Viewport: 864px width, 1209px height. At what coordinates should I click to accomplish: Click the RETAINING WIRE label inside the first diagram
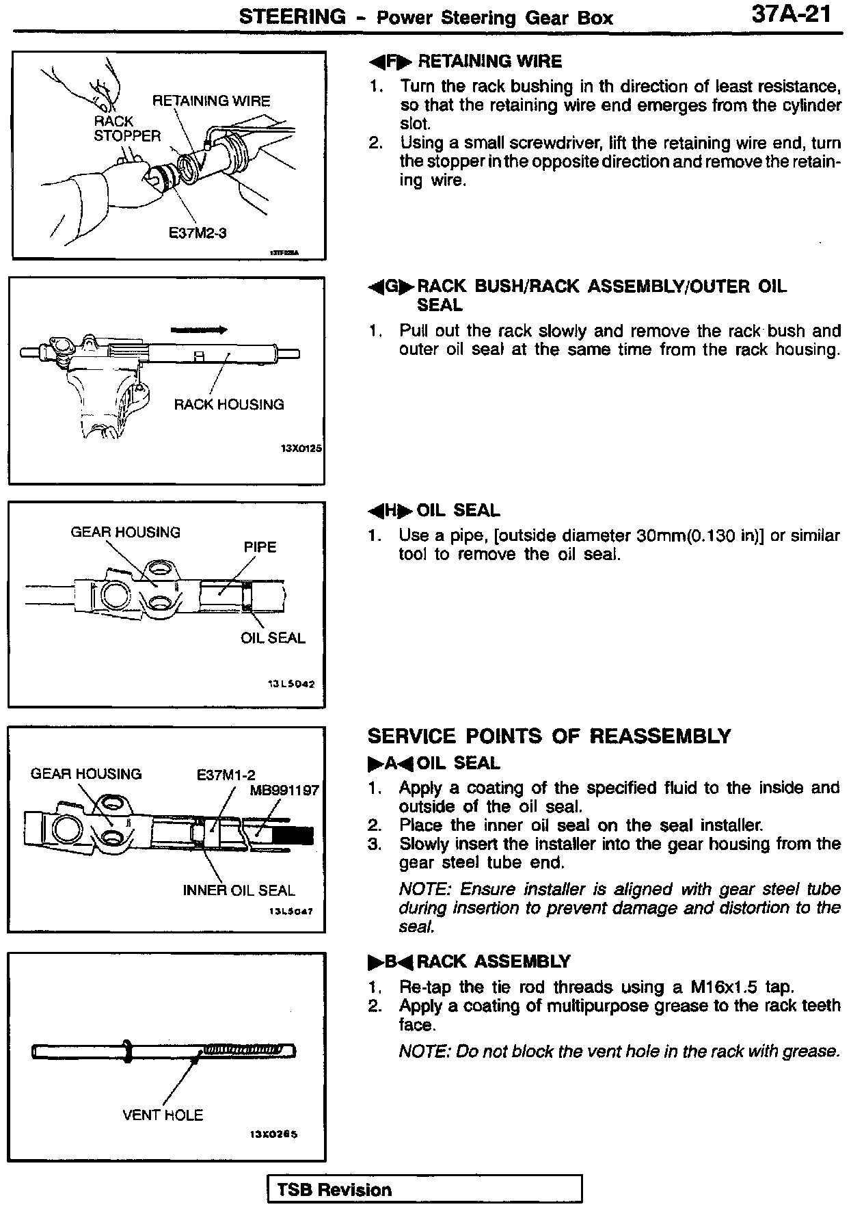tap(211, 101)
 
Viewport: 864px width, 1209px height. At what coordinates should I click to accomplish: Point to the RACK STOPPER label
tap(126, 129)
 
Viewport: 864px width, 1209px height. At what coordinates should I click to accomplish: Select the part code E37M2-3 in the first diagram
tap(198, 232)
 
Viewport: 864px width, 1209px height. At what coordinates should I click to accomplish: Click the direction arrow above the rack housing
tap(199, 330)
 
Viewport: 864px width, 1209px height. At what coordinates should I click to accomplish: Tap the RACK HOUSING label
tap(229, 404)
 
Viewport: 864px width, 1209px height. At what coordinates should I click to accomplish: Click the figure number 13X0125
tap(301, 449)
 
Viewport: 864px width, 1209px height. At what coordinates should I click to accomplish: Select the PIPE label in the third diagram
tap(260, 547)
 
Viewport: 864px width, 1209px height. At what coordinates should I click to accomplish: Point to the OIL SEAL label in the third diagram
tap(273, 638)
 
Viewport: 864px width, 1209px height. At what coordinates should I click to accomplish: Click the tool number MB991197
tap(284, 790)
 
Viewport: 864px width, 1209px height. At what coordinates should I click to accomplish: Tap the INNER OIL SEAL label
tap(239, 890)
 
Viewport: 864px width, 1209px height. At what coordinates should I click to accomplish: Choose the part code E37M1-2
tap(226, 775)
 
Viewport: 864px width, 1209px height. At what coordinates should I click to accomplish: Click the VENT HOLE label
tap(163, 1115)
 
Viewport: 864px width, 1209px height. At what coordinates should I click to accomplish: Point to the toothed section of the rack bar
tap(246, 1048)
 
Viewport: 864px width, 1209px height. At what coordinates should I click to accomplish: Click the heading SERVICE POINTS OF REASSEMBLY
tap(549, 736)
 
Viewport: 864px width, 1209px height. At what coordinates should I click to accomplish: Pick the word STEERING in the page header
tap(292, 17)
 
